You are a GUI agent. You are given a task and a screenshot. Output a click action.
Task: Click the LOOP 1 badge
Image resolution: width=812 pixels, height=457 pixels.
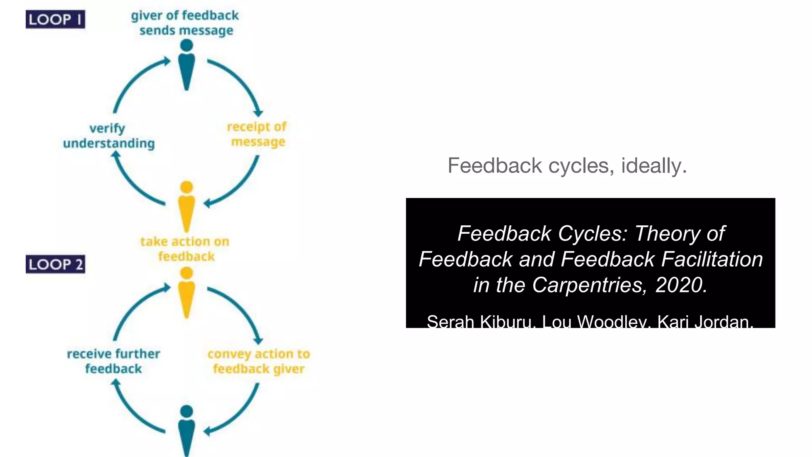point(55,19)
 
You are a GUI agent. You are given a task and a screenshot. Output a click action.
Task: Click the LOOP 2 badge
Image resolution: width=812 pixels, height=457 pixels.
point(55,264)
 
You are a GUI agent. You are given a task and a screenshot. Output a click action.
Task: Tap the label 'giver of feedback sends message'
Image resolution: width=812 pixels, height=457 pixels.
point(185,23)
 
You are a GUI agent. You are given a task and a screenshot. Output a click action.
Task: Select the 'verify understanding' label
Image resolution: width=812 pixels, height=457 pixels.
point(109,136)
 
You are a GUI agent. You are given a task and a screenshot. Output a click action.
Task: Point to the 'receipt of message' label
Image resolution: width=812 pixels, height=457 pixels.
point(257,134)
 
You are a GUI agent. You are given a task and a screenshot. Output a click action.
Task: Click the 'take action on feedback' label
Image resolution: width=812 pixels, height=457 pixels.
point(185,249)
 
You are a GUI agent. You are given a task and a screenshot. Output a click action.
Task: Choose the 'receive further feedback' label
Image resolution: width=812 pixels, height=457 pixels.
point(113,361)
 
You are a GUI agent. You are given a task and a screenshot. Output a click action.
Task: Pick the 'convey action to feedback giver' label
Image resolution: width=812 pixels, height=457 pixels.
point(259,361)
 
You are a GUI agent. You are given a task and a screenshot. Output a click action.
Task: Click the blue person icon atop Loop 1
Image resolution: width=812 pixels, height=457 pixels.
point(186,65)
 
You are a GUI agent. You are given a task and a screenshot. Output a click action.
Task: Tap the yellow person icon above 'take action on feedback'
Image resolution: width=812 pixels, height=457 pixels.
point(186,206)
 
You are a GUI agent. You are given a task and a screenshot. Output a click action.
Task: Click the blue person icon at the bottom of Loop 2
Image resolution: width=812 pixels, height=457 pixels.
point(186,430)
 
